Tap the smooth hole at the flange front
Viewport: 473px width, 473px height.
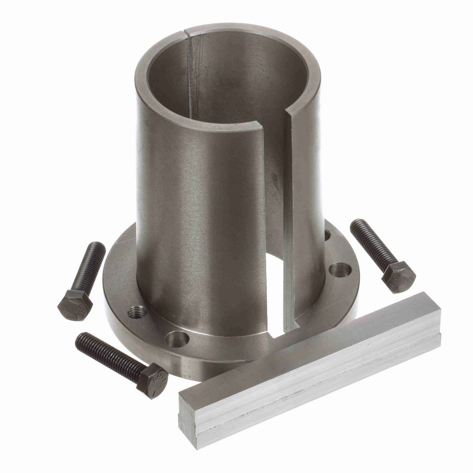pyautogui.click(x=177, y=338)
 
